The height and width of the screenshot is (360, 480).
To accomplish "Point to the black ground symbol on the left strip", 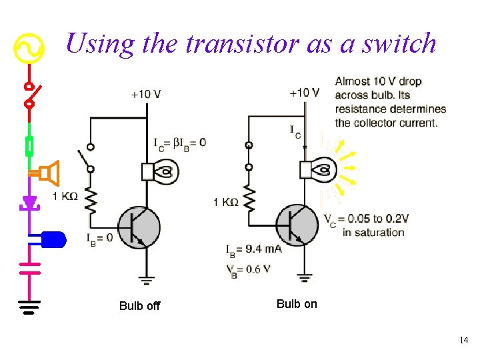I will (29, 306).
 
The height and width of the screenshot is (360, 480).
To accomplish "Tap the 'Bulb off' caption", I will (139, 306).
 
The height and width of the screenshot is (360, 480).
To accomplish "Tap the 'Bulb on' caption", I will (297, 304).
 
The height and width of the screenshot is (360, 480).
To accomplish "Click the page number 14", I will (463, 341).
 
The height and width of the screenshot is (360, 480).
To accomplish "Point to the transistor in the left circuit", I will (139, 227).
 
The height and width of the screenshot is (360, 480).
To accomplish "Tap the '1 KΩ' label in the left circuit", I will (65, 196).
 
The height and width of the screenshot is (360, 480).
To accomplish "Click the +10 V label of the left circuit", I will (146, 94).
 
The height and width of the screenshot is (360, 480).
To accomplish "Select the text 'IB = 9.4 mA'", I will (254, 249).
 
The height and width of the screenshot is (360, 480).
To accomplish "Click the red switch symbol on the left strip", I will (29, 95).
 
